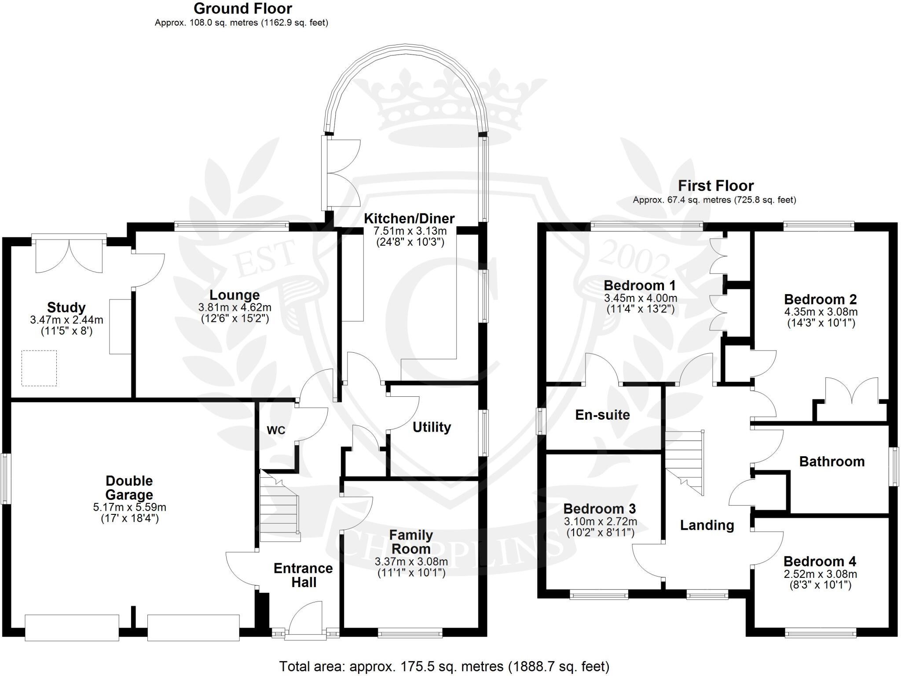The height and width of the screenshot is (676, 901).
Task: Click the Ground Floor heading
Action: click(x=243, y=8)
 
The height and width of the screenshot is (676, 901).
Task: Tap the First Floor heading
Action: click(x=715, y=185)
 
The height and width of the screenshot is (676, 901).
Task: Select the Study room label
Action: click(x=66, y=307)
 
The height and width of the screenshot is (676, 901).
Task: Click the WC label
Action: click(x=276, y=430)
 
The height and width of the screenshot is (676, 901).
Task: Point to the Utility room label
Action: click(x=432, y=427)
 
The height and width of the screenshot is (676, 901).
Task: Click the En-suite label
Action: click(x=602, y=414)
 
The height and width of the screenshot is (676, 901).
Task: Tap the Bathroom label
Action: click(x=831, y=461)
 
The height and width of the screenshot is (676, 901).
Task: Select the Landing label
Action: click(x=707, y=525)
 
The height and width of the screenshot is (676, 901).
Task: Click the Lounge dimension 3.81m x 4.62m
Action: click(x=234, y=307)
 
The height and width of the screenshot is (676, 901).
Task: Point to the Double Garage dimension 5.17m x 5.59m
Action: click(x=129, y=507)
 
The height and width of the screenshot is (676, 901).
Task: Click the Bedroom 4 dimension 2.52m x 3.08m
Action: click(x=820, y=574)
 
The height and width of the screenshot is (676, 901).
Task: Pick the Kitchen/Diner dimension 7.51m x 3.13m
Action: click(x=410, y=231)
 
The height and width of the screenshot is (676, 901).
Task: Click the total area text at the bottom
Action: click(x=444, y=666)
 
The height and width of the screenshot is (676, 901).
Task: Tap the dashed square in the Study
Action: click(x=39, y=368)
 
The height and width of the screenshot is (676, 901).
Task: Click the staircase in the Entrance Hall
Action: click(x=279, y=506)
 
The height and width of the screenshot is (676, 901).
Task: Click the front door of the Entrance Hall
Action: click(x=305, y=622)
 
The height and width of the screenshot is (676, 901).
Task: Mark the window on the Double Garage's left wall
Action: click(x=5, y=478)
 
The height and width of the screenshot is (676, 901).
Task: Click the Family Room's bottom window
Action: click(x=410, y=634)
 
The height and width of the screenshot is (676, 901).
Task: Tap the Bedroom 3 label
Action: click(x=599, y=509)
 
